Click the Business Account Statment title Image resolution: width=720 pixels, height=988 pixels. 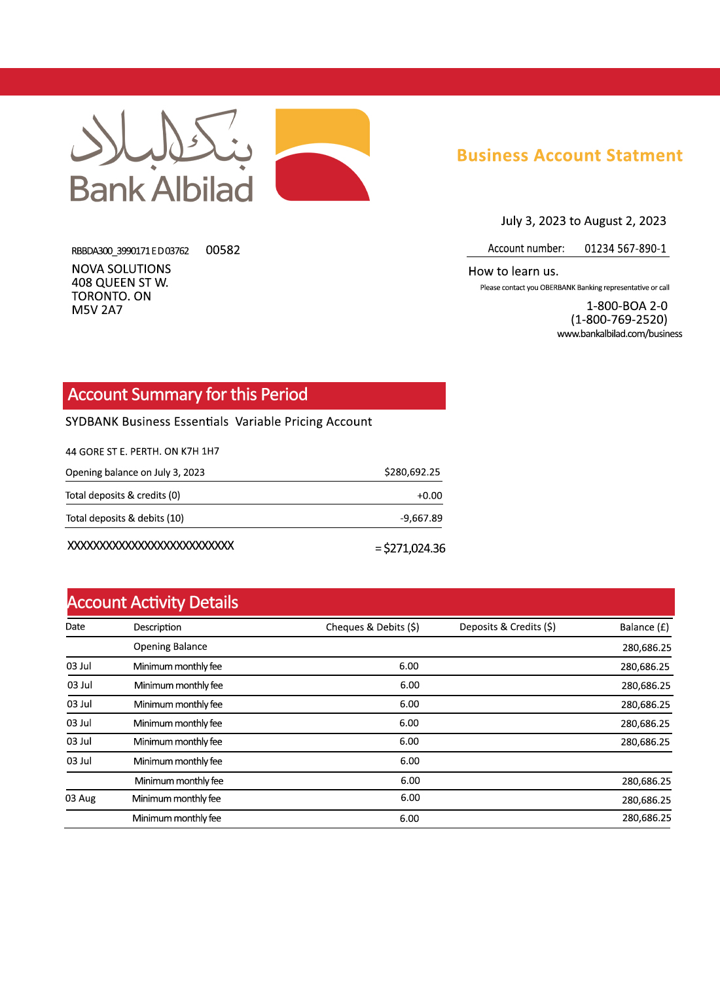point(569,156)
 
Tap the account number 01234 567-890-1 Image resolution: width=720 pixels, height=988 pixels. point(625,249)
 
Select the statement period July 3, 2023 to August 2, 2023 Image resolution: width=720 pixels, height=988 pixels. point(583,221)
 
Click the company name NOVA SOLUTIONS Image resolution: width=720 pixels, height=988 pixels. point(121,269)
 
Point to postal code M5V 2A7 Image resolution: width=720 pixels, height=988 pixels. point(97,310)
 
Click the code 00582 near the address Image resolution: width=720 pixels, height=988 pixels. point(223,250)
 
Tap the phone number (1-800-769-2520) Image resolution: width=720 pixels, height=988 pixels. point(619,320)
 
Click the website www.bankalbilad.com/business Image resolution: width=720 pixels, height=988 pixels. point(619,334)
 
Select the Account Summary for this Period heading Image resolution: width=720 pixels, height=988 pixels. point(188,395)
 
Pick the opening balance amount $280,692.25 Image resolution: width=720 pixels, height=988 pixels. point(412,472)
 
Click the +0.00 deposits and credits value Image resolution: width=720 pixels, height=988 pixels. point(429,496)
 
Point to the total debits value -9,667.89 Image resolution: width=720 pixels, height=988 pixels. point(421,518)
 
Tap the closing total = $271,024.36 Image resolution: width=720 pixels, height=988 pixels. point(410,548)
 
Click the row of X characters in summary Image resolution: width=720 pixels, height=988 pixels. point(151,546)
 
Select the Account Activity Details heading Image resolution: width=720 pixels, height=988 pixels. point(153,603)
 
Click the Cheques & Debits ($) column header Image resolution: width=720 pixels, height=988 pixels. point(372,627)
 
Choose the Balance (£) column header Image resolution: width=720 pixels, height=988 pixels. point(644,627)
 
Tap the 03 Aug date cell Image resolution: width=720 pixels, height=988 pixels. point(81,799)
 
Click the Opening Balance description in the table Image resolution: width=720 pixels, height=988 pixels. point(170,646)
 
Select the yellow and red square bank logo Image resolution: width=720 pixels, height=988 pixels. point(323,155)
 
